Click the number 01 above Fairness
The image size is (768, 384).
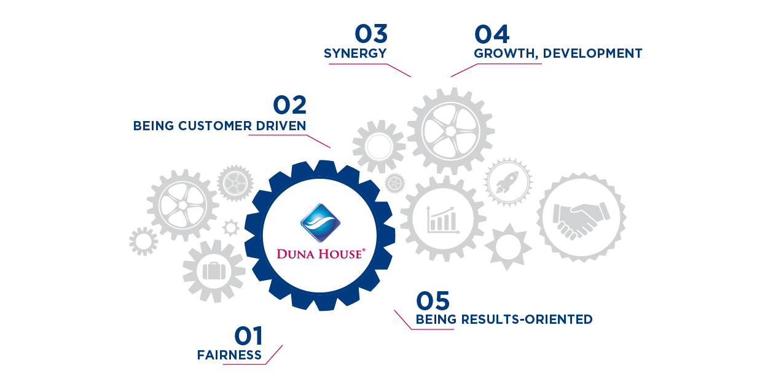pos(248,337)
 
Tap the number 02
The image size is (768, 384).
pos(289,106)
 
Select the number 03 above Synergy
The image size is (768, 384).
pos(372,34)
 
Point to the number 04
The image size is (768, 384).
pos(492,34)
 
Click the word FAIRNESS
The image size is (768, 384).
pos(229,355)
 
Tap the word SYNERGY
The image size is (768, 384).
pos(355,53)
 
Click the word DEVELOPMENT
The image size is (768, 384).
pos(592,53)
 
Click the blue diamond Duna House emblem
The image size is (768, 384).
pos(320,222)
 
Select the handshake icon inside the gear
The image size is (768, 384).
pos(581,217)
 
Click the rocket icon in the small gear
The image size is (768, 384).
pos(508,181)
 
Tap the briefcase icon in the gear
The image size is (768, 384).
pos(213,272)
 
